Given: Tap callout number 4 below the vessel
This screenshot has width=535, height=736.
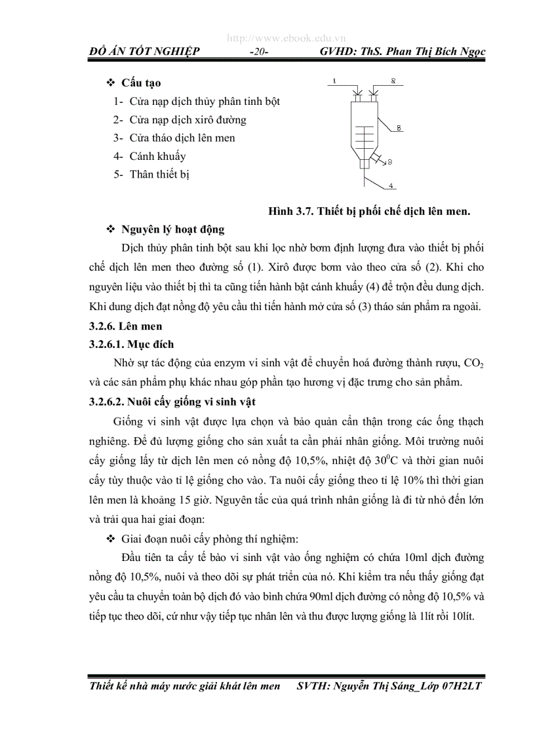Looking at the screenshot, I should point(391,186).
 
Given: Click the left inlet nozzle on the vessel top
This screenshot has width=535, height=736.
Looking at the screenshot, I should point(357,98).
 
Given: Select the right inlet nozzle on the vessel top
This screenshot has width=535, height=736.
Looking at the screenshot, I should point(371,98).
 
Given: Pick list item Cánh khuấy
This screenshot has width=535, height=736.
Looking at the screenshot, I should point(157,156).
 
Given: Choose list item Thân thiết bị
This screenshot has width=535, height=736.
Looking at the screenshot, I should point(160,174).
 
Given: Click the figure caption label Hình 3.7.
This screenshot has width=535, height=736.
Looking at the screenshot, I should point(290,211).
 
